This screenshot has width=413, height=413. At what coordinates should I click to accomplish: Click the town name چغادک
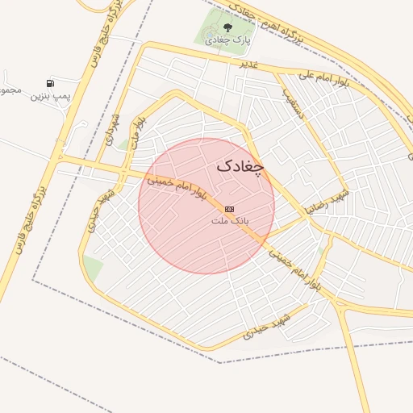click(240, 166)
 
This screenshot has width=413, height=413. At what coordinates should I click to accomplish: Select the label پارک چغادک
click(227, 40)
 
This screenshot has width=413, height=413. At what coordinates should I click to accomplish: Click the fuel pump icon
click(51, 83)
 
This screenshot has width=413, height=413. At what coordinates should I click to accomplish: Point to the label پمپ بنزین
click(51, 96)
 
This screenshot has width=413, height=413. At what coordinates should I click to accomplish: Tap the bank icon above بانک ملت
click(230, 208)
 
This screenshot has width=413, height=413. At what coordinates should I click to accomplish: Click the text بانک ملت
click(230, 219)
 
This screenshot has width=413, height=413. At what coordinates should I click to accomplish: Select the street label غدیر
click(248, 63)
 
